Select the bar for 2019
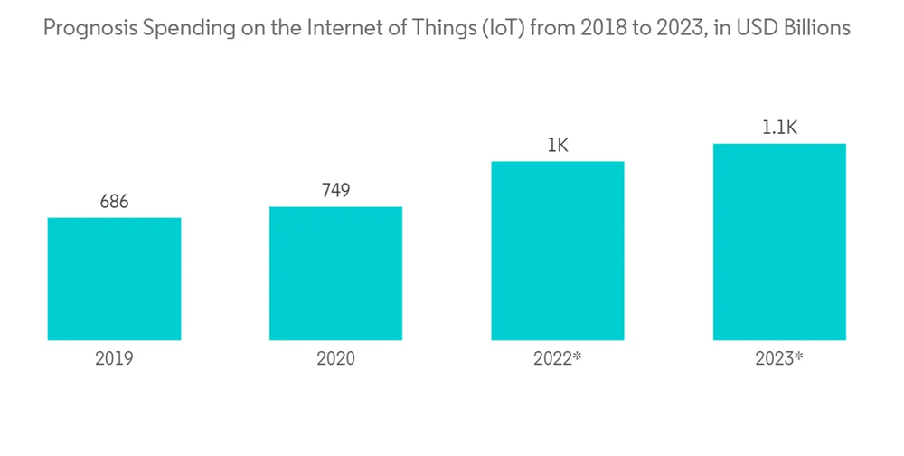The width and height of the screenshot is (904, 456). [x=114, y=279]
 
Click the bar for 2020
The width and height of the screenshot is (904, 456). [x=335, y=273]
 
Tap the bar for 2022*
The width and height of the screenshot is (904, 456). [x=558, y=251]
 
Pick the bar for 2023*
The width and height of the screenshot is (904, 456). [x=779, y=242]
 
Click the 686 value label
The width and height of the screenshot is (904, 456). [x=114, y=202]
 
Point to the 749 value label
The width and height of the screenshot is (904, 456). [x=335, y=191]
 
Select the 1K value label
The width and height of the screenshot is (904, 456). [x=558, y=146]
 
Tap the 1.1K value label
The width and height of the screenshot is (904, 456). [x=779, y=128]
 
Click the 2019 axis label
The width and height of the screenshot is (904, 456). [x=114, y=358]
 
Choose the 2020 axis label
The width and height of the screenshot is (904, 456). [x=335, y=358]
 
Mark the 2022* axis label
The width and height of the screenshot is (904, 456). [x=558, y=358]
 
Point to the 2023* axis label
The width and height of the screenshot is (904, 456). [x=779, y=358]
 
